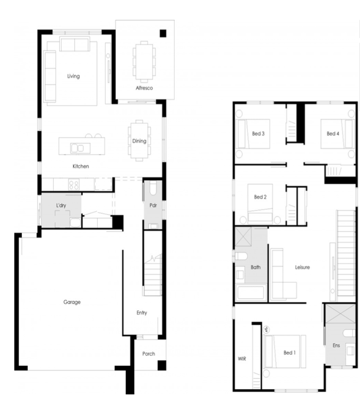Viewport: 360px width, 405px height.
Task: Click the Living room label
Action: [73, 76]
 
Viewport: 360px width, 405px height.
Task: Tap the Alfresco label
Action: [144, 88]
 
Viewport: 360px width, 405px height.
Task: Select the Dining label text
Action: [133, 141]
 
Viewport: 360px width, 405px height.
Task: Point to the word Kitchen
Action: [81, 166]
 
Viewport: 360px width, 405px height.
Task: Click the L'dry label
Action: [62, 205]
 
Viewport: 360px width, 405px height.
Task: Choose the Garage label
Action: [72, 302]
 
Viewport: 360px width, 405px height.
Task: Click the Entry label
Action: [141, 313]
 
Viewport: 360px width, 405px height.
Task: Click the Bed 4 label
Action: [332, 134]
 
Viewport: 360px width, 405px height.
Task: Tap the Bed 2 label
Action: [260, 197]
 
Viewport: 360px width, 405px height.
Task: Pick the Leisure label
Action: [302, 267]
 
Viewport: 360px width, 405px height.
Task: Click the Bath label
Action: [255, 267]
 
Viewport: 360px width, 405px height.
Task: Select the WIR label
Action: [242, 359]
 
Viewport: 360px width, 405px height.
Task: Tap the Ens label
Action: [336, 346]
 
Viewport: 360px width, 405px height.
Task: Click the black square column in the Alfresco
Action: [163, 33]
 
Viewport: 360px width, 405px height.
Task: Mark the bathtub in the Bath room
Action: [251, 293]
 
